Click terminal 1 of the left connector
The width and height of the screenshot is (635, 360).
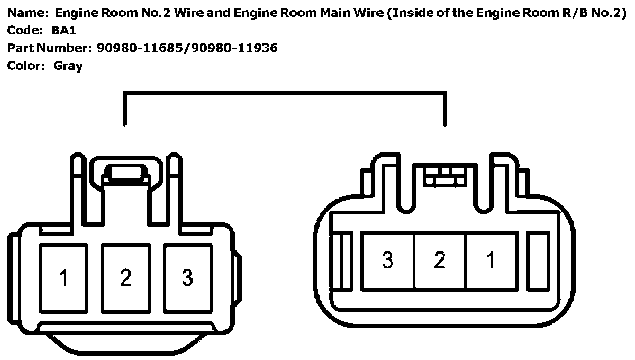(x=64, y=277)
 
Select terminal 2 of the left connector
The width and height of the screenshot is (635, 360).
(x=125, y=277)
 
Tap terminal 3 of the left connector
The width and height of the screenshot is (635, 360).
(x=187, y=277)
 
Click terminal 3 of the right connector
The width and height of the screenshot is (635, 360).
(x=388, y=260)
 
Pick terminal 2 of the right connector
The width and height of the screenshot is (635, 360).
(x=440, y=260)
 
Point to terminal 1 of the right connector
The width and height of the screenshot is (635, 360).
(x=491, y=260)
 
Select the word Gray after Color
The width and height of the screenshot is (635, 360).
(x=68, y=66)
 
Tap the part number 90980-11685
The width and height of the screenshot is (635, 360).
(x=139, y=49)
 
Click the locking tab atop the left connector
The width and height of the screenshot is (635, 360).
(x=125, y=173)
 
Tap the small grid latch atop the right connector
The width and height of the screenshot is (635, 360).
(x=444, y=176)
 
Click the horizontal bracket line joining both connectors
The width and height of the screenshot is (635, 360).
(x=285, y=94)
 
